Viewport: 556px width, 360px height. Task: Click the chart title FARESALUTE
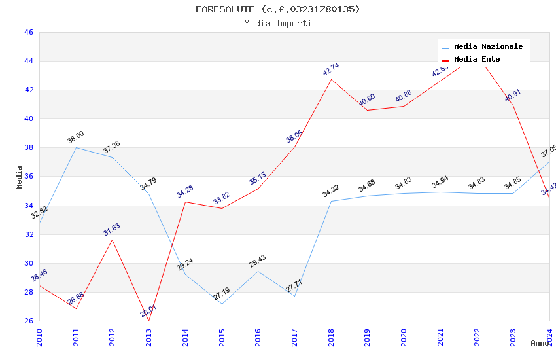(x=277, y=9)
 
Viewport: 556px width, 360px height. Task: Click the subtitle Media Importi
(x=277, y=24)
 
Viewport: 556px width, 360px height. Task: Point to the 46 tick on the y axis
(x=28, y=32)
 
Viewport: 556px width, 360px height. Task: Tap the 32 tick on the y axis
(x=28, y=234)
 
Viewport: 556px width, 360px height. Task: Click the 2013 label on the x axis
(x=149, y=337)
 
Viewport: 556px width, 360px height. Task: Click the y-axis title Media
(x=20, y=177)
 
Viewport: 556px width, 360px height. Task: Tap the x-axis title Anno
(x=540, y=343)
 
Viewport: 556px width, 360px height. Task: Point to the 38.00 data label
(x=76, y=137)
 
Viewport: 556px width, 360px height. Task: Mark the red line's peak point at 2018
(x=332, y=80)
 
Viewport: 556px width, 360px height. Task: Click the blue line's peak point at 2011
(x=77, y=147)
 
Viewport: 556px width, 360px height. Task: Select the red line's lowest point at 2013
(x=149, y=321)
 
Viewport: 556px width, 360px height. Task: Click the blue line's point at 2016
(x=258, y=271)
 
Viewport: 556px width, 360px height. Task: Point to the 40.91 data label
(x=512, y=96)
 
